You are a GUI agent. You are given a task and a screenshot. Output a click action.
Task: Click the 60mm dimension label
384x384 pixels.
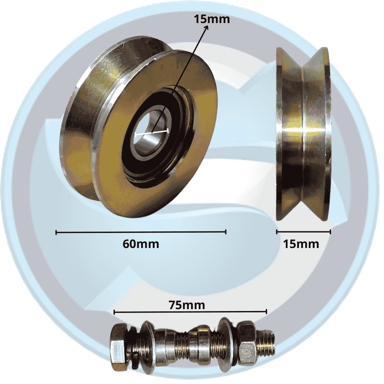pos(141,244)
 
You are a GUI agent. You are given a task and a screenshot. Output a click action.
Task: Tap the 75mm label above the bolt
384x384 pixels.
pos(187,305)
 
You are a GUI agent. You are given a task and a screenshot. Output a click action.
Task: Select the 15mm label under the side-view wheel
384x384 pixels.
pos(301,244)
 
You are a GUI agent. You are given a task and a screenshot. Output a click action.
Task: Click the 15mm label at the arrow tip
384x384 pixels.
pos(212,19)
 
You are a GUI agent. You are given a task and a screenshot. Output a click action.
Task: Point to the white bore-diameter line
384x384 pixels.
pos(152,133)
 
